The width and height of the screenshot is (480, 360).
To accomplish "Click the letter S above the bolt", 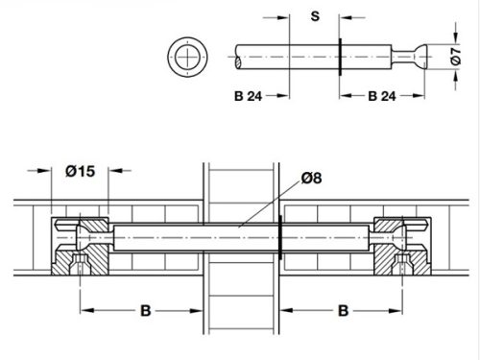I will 315,16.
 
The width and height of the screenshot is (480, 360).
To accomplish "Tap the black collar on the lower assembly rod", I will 279,237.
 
